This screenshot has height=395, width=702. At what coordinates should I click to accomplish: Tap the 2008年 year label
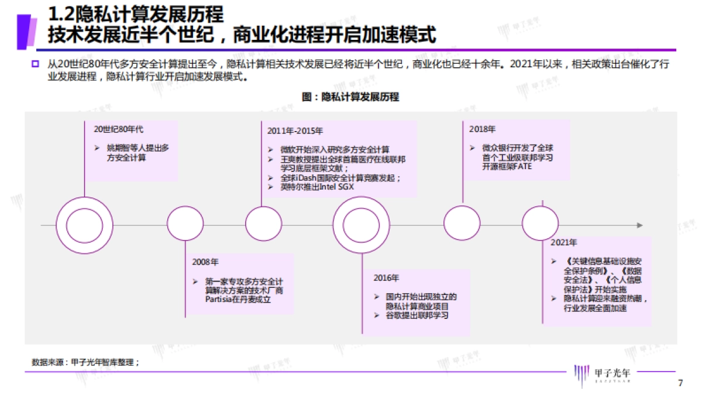pos(205,262)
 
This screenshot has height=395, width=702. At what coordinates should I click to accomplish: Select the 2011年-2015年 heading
pos(295,130)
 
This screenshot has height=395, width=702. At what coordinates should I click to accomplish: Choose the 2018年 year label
pos(482,128)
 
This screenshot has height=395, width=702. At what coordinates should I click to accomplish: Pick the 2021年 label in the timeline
pos(564,242)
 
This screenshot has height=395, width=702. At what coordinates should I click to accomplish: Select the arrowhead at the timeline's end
pos(640,225)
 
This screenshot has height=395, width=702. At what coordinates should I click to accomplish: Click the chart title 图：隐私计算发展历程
pos(350,97)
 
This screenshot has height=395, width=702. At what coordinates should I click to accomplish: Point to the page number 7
pos(680,383)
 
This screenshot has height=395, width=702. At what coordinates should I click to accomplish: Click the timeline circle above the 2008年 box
pos(185,225)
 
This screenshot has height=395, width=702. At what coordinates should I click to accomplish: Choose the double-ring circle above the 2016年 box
pos(361,225)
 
